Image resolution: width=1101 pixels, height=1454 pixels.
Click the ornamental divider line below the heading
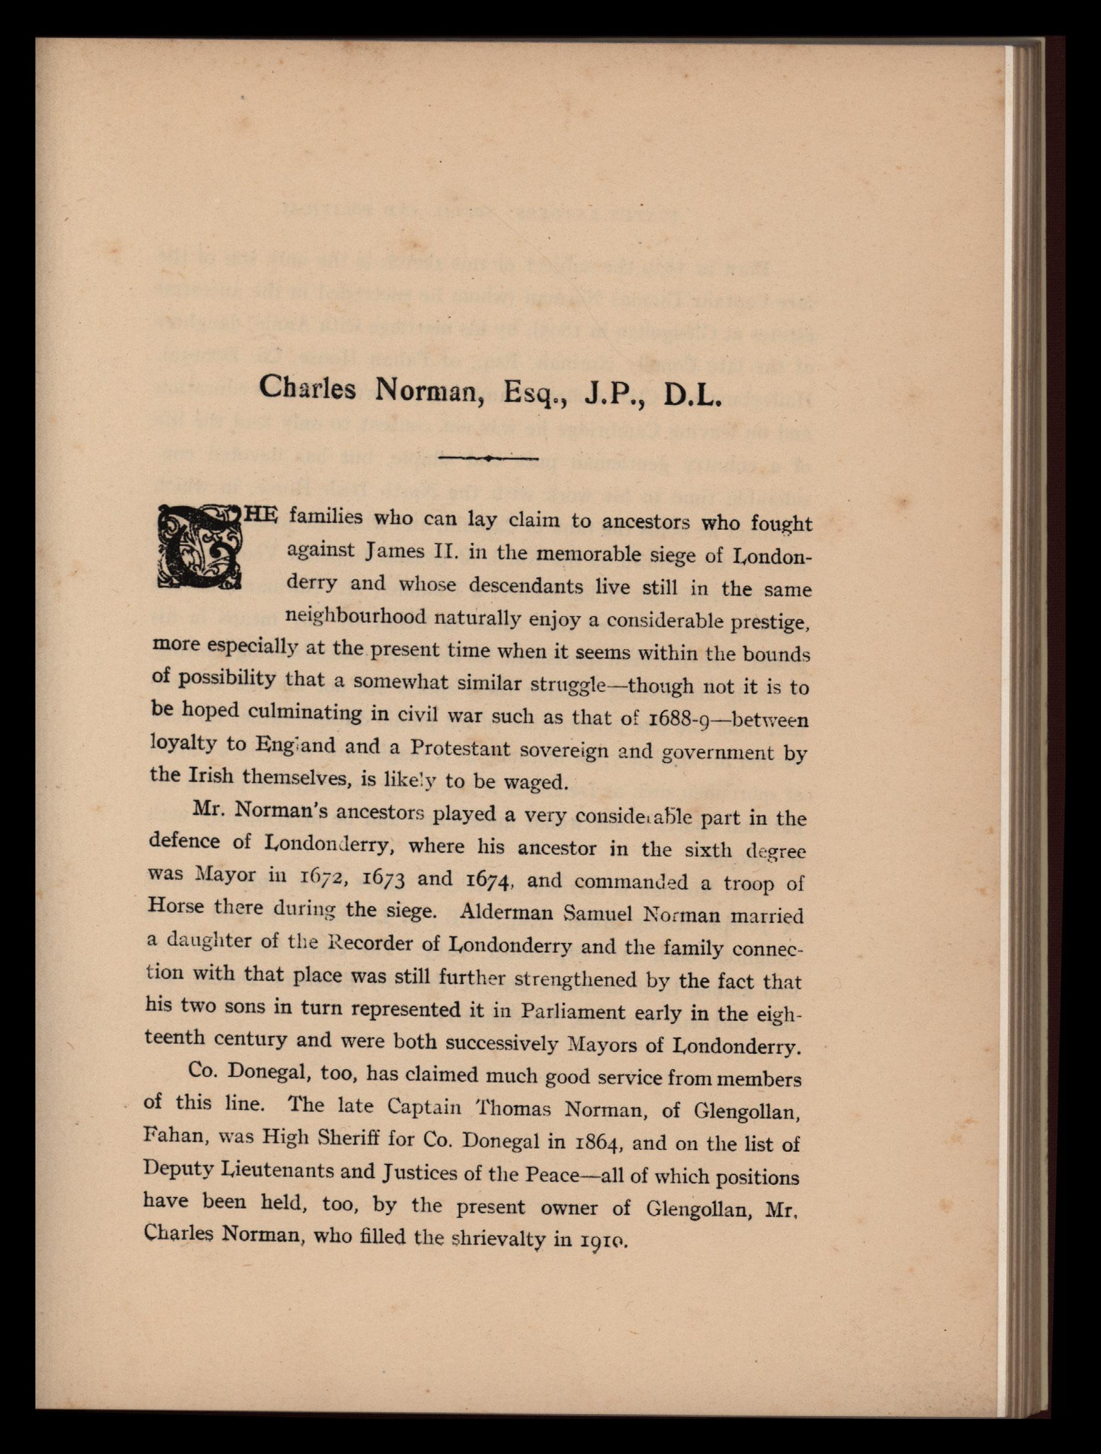coord(489,458)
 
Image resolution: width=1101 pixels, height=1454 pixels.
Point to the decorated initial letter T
coord(198,545)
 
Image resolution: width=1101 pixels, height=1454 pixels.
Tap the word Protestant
coord(460,749)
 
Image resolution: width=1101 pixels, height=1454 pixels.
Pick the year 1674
coord(485,880)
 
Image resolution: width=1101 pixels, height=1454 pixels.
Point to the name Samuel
coord(593,913)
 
